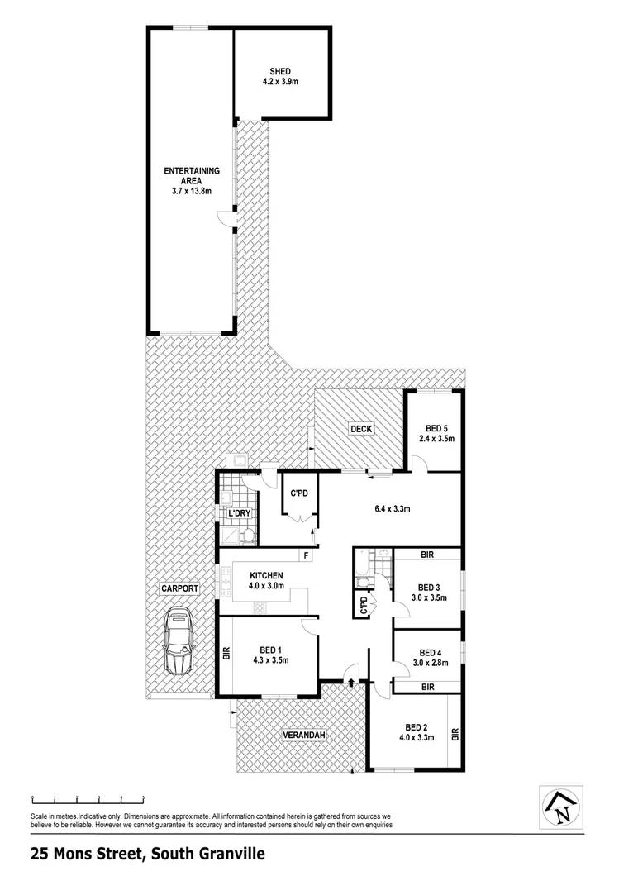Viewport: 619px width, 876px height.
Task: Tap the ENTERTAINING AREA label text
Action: [x=192, y=171]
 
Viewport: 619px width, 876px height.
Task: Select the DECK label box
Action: [x=361, y=428]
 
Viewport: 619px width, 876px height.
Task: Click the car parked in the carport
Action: [x=179, y=641]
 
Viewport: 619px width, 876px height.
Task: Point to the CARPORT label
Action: [x=179, y=588]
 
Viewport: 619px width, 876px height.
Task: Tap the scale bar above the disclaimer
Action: [x=88, y=799]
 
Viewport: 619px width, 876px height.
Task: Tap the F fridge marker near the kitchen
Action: [x=306, y=555]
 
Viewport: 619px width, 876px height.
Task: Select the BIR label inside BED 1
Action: [x=225, y=654]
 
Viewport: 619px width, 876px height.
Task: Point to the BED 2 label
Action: [x=416, y=726]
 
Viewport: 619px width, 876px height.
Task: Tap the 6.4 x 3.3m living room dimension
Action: [x=390, y=508]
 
